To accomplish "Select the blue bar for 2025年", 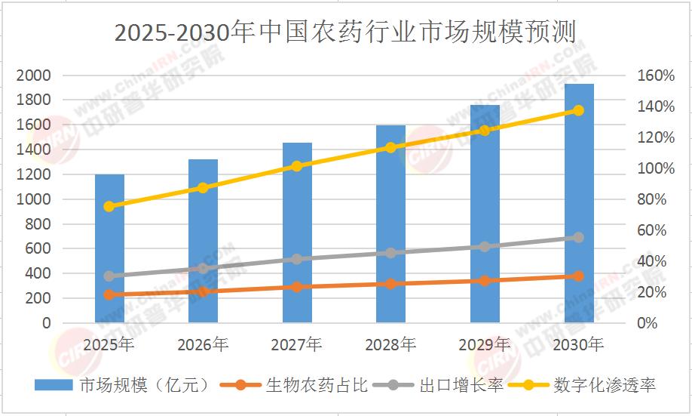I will tap(109, 249).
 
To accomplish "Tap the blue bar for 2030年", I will tap(578, 204).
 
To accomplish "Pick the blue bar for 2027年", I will tap(297, 234).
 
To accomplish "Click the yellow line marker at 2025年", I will tap(109, 206).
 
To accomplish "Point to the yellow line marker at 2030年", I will tap(578, 110).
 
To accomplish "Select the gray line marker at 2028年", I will tap(390, 253).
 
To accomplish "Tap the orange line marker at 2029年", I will tap(485, 281).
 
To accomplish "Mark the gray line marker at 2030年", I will tap(578, 237).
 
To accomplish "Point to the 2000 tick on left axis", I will tap(36, 75).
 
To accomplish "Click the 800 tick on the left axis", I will tap(40, 224).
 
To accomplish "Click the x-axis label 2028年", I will tap(390, 346).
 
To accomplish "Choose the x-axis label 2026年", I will tap(203, 346).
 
